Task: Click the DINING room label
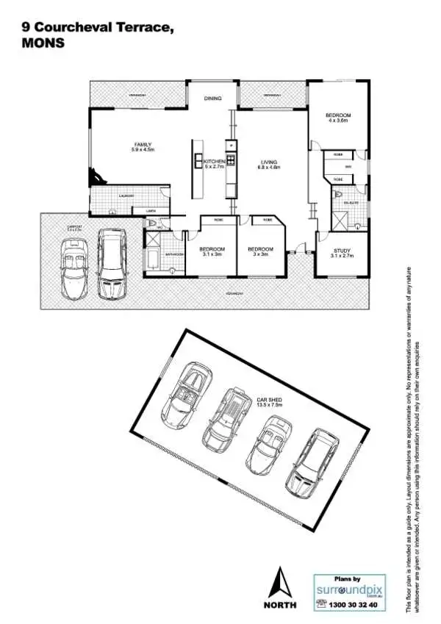212,98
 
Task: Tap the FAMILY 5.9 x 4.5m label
143,147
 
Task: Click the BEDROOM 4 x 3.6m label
338,118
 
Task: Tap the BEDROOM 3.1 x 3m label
212,252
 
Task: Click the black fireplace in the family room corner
95,177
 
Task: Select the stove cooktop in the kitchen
230,160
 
